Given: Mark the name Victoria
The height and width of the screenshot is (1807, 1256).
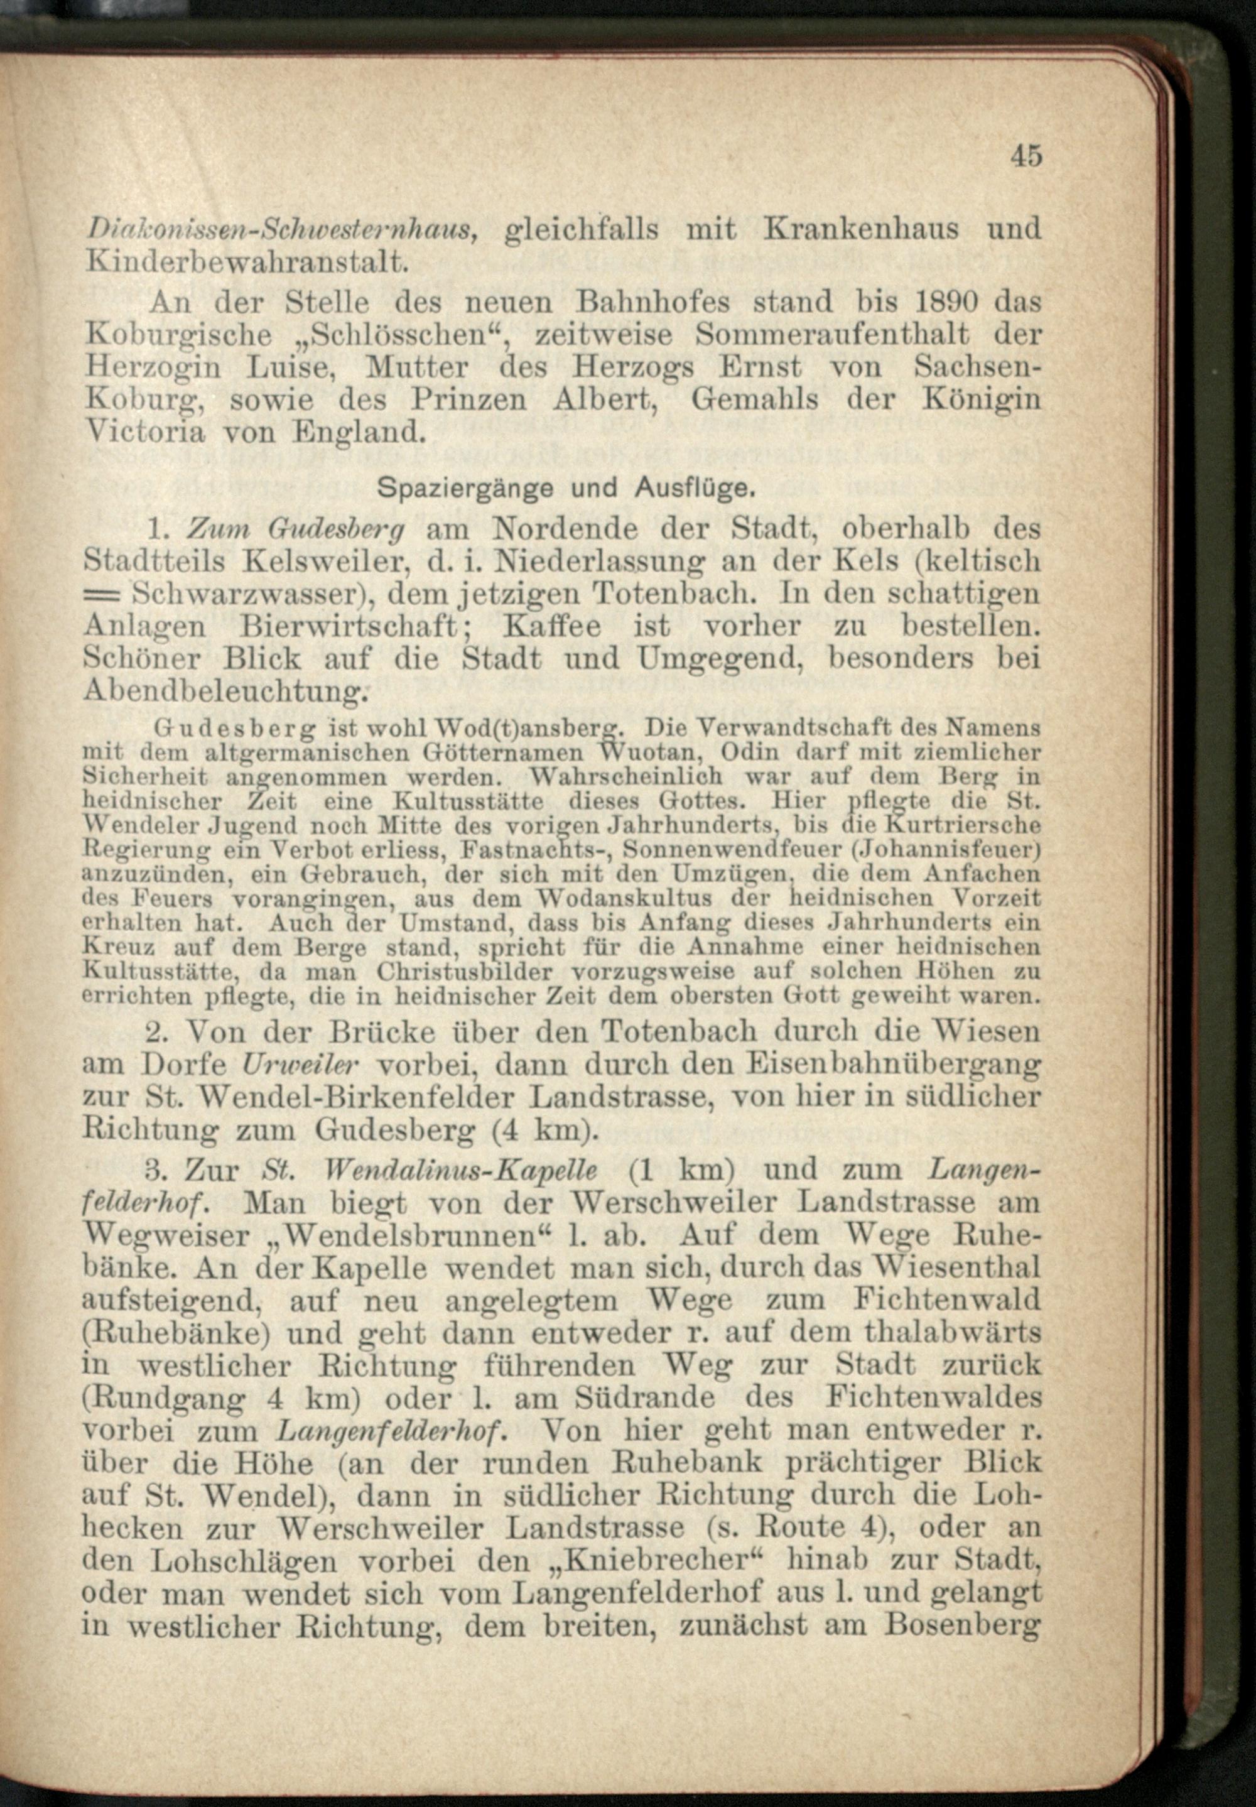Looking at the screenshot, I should click(x=145, y=432).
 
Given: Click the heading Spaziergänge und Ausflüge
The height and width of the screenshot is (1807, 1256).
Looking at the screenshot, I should click(x=566, y=489).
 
